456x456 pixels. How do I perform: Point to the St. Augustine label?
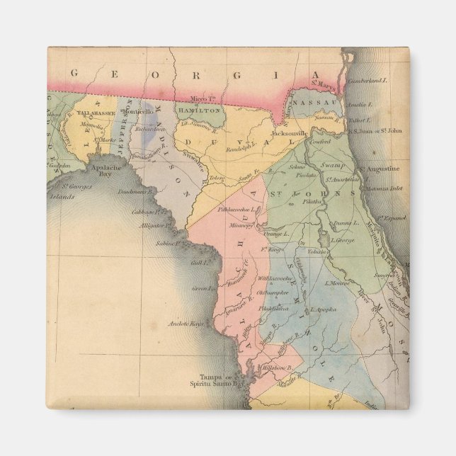(379, 169)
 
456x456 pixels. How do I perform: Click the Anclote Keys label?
(186, 324)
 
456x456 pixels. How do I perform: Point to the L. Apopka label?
(338, 310)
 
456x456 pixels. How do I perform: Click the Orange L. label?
(277, 233)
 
